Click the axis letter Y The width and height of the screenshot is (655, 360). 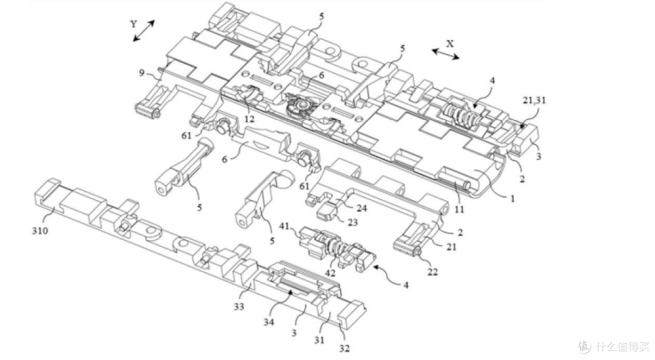(133, 24)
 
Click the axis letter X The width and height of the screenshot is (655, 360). (449, 44)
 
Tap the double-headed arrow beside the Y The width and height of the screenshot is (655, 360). (144, 30)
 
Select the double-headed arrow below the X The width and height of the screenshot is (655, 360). (445, 54)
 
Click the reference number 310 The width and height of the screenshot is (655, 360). (40, 230)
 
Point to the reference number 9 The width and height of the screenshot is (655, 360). (141, 73)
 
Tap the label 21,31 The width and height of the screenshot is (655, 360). (534, 100)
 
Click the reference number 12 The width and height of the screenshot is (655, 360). (249, 119)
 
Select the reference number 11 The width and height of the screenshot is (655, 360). (459, 209)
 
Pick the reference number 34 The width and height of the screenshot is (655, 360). (269, 322)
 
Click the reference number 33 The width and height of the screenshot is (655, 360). (238, 307)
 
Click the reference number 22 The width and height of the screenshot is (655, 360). (432, 272)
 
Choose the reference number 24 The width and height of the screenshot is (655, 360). (361, 207)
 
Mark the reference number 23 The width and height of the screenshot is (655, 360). (353, 222)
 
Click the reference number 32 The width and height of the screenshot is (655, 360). (344, 348)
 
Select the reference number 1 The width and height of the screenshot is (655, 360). (512, 198)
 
